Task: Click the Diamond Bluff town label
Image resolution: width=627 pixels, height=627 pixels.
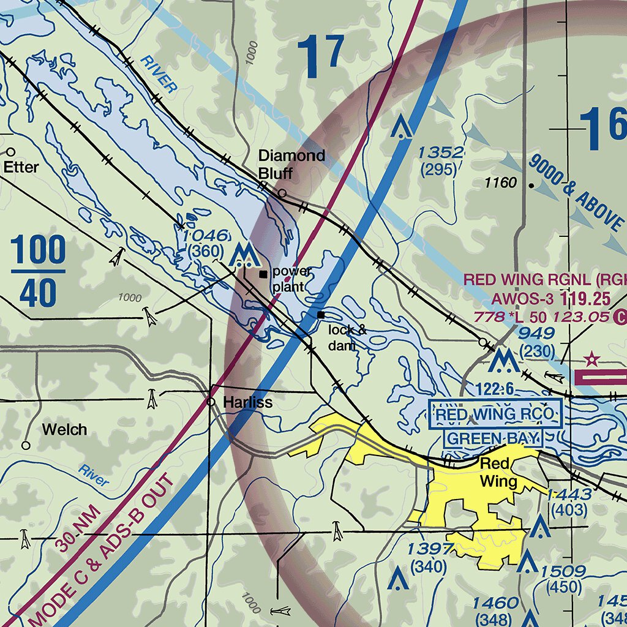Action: [291, 164]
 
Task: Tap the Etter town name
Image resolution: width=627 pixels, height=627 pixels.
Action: [21, 167]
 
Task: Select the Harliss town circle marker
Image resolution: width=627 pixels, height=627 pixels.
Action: [211, 402]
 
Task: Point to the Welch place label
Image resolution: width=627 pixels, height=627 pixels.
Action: [64, 430]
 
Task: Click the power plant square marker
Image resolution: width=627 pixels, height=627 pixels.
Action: [263, 274]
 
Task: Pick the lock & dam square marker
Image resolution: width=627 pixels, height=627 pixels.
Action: [321, 315]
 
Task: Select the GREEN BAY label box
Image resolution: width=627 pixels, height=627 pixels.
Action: [495, 438]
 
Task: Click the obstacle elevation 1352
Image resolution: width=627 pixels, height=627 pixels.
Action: [441, 152]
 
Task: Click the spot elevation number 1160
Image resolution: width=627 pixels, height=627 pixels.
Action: [500, 183]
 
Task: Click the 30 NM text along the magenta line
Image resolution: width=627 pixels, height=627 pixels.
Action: [76, 530]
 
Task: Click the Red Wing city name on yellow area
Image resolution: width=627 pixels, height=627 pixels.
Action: [497, 471]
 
